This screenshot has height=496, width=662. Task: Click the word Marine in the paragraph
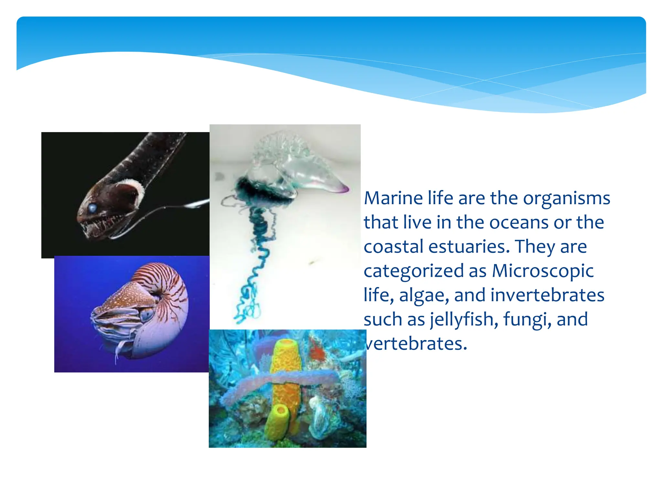tap(393, 198)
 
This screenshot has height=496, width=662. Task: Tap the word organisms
tap(566, 199)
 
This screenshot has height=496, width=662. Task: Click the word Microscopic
tap(543, 271)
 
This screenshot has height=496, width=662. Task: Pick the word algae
tap(424, 295)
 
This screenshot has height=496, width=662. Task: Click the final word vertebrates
tap(416, 343)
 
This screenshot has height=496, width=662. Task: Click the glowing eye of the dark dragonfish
tap(92, 208)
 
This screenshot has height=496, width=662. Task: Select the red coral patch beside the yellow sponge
tap(317, 352)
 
